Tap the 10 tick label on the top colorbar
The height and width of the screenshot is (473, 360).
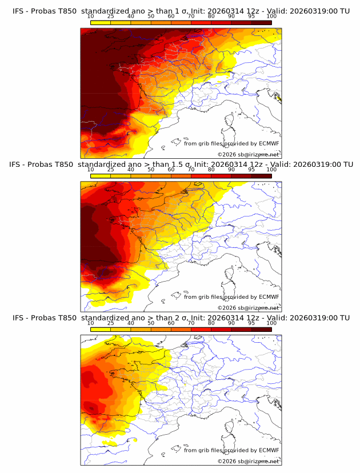pyautogui.click(x=91, y=16)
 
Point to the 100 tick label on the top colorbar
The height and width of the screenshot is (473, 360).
pyautogui.click(x=271, y=16)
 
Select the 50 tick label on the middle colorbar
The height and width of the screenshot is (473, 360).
pyautogui.click(x=151, y=170)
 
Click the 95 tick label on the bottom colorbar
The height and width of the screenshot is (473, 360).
pyautogui.click(x=251, y=323)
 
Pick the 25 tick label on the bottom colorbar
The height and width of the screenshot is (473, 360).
pyautogui.click(x=111, y=323)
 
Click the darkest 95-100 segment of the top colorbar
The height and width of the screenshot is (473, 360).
pyautogui.click(x=261, y=22)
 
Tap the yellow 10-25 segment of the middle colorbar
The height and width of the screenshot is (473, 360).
pyautogui.click(x=101, y=176)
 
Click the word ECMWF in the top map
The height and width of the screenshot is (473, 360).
pyautogui.click(x=269, y=143)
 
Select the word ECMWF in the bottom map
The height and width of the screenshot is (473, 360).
pyautogui.click(x=269, y=450)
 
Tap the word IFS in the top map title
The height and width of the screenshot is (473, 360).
pyautogui.click(x=19, y=11)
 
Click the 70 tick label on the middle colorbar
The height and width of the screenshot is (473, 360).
pyautogui.click(x=191, y=170)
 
